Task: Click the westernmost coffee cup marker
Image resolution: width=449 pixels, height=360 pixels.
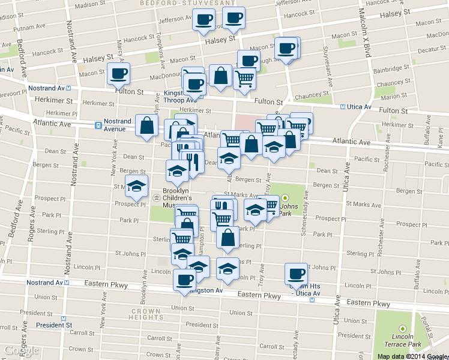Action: tap(118, 74)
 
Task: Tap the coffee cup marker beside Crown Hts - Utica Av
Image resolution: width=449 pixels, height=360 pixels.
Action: tap(296, 274)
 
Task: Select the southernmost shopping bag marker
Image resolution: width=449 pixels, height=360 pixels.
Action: tap(228, 238)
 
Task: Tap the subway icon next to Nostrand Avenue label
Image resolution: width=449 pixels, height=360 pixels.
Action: tap(97, 125)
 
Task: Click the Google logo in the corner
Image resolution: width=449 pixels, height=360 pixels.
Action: tap(20, 351)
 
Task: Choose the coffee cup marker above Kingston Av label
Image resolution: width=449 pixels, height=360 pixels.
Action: tap(184, 279)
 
